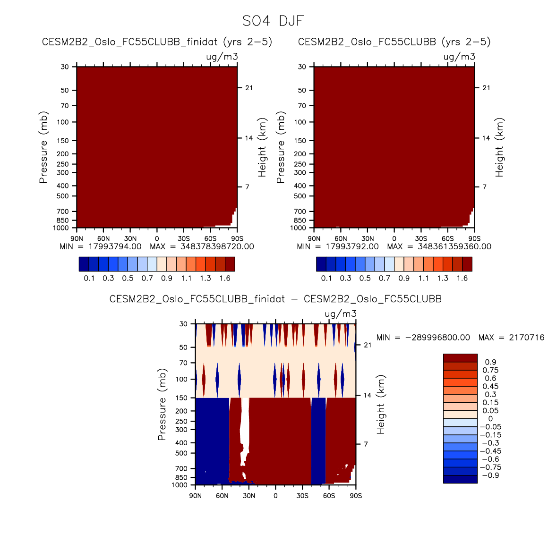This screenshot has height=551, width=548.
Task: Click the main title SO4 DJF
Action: pyautogui.click(x=273, y=21)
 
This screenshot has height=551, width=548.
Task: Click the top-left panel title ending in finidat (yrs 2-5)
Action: pyautogui.click(x=157, y=42)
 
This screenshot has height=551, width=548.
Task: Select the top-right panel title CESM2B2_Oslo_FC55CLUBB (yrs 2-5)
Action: pyautogui.click(x=394, y=42)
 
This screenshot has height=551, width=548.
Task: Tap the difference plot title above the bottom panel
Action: pyautogui.click(x=275, y=299)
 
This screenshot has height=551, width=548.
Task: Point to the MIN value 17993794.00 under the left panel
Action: pyautogui.click(x=115, y=246)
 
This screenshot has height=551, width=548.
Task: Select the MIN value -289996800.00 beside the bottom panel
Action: pyautogui.click(x=437, y=338)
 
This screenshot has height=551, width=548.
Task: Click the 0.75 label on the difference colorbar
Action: pyautogui.click(x=490, y=370)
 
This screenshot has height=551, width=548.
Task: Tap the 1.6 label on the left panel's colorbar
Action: pyautogui.click(x=225, y=278)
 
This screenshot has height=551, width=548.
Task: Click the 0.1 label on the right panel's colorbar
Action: pyautogui.click(x=326, y=278)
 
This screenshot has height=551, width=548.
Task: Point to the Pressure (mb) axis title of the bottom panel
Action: pyautogui.click(x=162, y=405)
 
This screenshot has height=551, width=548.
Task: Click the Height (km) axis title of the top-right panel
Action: pyautogui.click(x=500, y=147)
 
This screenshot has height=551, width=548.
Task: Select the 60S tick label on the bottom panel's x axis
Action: pyautogui.click(x=329, y=496)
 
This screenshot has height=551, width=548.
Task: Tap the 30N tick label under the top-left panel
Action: pyautogui.click(x=130, y=239)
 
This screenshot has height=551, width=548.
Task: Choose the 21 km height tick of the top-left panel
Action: pyautogui.click(x=249, y=88)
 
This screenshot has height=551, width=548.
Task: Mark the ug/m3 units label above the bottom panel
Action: pyautogui.click(x=341, y=314)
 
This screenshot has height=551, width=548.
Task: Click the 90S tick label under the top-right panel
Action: pyautogui.click(x=474, y=239)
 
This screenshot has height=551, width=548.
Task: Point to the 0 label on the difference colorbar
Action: pyautogui.click(x=490, y=419)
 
